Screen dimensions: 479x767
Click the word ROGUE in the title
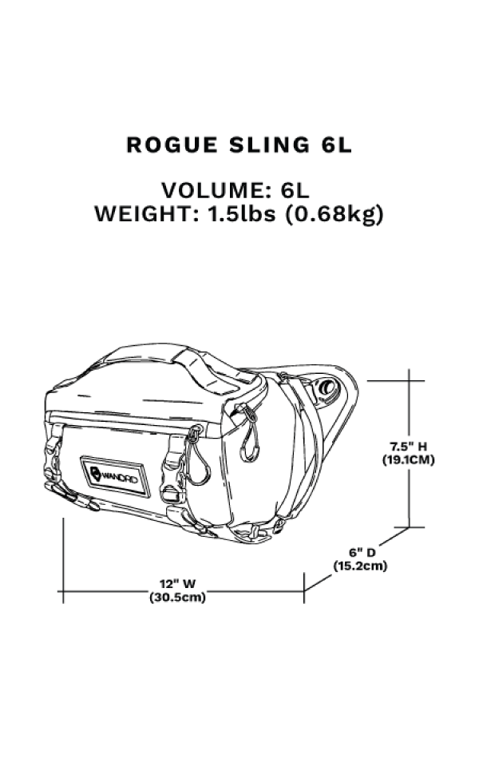(172, 145)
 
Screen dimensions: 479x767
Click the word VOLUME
(216, 190)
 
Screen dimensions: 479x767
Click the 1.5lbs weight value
(242, 214)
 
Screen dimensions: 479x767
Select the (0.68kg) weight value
(335, 215)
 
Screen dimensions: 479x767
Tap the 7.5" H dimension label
(408, 446)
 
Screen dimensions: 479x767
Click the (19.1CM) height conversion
(408, 460)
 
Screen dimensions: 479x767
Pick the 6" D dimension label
(362, 552)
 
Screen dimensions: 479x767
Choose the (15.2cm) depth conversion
(360, 566)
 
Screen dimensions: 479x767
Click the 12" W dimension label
(177, 583)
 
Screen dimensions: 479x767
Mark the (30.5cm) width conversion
(177, 598)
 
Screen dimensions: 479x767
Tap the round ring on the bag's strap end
(327, 389)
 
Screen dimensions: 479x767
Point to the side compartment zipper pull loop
(250, 433)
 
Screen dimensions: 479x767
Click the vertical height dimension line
(409, 448)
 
